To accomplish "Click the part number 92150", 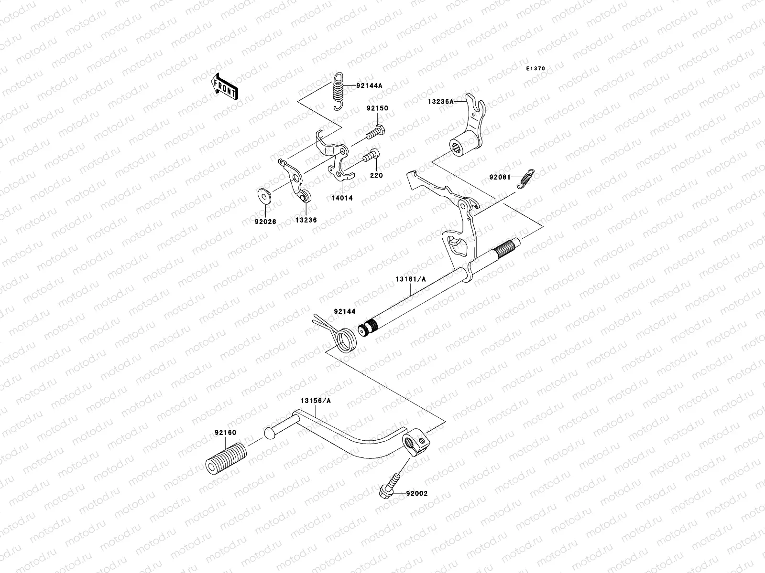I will pos(378,108).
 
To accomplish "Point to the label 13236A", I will pos(441,101).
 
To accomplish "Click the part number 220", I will pos(377,175).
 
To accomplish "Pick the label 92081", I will pos(499,178).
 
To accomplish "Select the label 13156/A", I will pos(315,401).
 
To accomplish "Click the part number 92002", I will pos(417,494).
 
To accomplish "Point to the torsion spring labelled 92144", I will pos(342,336).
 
